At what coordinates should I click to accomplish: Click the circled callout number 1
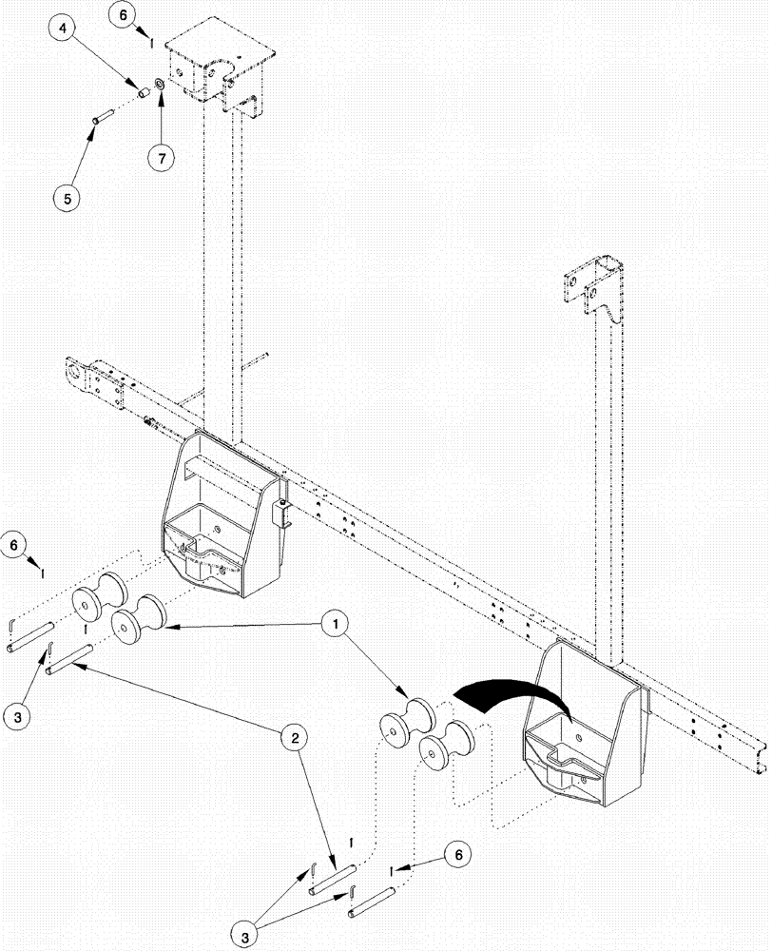[333, 625]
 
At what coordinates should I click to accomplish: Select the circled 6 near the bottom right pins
[458, 856]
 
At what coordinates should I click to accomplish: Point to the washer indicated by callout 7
[159, 87]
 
